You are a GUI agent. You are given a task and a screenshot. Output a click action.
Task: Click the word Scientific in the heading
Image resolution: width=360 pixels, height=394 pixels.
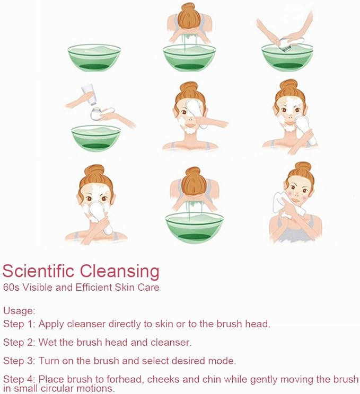tap(38, 271)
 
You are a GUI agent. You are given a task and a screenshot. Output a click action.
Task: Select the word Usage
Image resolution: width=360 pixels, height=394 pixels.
tap(19, 311)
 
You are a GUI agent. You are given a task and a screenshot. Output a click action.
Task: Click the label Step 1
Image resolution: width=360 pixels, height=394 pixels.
tap(19, 324)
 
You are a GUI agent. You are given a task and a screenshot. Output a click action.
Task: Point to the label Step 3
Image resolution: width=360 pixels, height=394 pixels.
tap(19, 361)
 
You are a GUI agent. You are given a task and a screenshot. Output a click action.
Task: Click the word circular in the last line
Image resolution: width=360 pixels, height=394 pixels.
tap(57, 388)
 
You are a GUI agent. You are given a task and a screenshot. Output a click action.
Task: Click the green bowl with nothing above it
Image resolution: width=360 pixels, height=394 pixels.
tap(94, 58)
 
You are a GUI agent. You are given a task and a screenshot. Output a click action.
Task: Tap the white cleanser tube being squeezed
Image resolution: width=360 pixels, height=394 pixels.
tap(89, 94)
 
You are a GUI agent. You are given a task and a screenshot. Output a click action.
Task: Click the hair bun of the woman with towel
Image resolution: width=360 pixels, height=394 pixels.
tap(303, 167)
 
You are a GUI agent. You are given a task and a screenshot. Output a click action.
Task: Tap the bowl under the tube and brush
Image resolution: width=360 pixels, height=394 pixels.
tap(96, 138)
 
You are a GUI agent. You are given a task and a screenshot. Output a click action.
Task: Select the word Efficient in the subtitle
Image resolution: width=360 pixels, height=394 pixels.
tap(94, 287)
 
